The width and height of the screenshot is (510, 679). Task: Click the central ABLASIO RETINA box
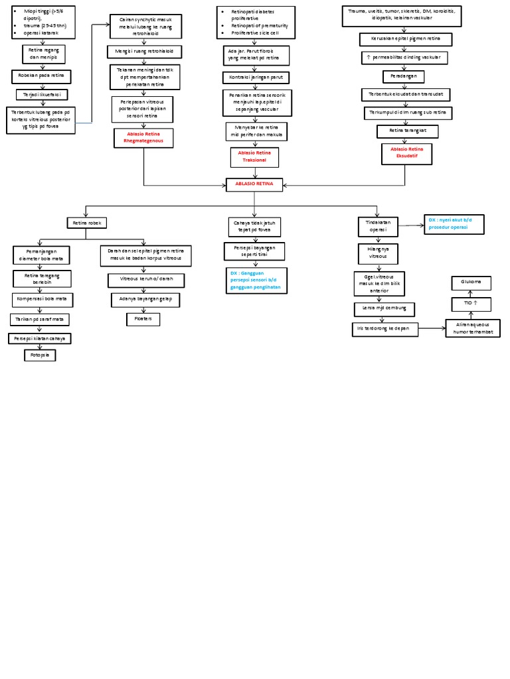tap(254, 184)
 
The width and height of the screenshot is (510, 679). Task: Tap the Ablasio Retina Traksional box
tap(254, 157)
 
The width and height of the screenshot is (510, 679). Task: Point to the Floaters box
tap(143, 319)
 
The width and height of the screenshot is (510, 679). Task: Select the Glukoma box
tap(471, 283)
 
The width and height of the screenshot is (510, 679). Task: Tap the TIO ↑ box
tap(471, 303)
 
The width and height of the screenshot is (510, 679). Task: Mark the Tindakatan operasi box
tap(377, 225)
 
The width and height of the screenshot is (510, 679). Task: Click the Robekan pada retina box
tap(41, 77)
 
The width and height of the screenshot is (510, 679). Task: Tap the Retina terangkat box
tap(407, 131)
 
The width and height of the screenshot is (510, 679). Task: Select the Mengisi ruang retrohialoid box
tap(144, 51)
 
